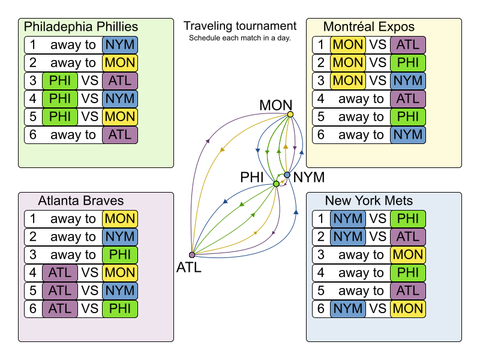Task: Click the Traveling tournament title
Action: click(240, 26)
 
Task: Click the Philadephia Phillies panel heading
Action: click(81, 27)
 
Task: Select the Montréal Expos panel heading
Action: click(369, 27)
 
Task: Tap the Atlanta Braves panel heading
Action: click(81, 201)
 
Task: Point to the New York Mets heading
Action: click(369, 201)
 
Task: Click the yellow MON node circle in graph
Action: click(290, 114)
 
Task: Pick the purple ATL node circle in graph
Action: click(192, 255)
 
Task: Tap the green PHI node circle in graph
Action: click(277, 184)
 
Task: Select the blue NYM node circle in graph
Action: click(287, 175)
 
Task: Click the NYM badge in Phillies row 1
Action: click(120, 45)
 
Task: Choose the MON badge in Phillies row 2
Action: click(120, 63)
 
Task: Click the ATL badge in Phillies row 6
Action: click(120, 135)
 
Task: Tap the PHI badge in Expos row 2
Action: click(408, 63)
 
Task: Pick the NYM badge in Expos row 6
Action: click(408, 135)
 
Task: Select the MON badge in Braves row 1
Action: click(120, 219)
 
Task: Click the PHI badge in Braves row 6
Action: click(120, 309)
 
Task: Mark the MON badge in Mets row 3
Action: click(408, 255)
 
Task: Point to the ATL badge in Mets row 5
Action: click(408, 291)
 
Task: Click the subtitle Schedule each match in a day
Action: click(240, 38)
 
